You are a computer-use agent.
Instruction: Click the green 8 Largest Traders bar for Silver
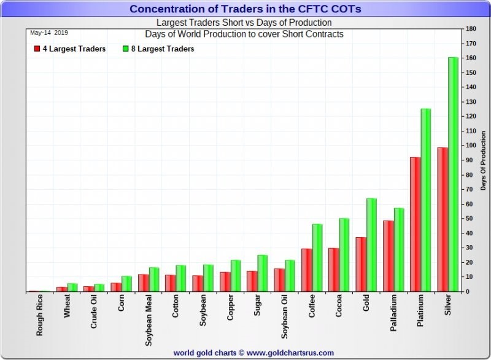453,174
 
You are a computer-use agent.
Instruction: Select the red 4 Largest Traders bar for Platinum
415,224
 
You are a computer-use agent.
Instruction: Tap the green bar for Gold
371,245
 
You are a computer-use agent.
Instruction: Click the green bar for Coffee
317,258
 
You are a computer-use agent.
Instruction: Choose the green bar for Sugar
263,273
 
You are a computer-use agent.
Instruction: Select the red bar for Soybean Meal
143,283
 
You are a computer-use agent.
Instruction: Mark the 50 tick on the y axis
470,219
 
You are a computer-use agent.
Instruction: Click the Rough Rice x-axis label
39,316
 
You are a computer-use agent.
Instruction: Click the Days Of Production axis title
483,160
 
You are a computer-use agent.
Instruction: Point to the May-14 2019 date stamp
47,33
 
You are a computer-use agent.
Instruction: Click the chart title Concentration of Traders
245,9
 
